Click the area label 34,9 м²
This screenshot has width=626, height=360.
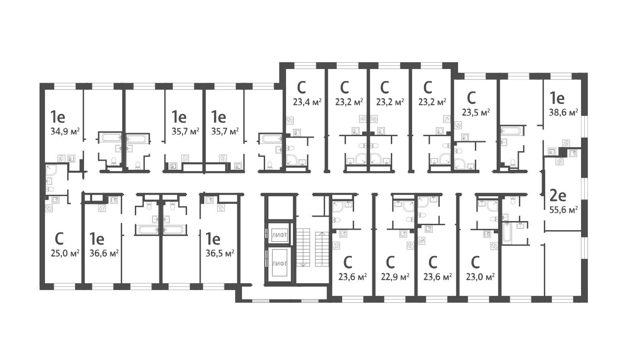65,132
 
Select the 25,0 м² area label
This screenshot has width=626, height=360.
65,253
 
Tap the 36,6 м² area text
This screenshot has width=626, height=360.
104,253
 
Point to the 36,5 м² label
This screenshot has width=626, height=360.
220,253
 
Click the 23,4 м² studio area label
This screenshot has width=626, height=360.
307,102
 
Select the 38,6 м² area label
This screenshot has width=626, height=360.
563,112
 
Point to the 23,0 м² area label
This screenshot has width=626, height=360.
480,276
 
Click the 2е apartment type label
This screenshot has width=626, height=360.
558,195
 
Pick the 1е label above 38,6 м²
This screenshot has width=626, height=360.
557,97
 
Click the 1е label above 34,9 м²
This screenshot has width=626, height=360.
58,117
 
